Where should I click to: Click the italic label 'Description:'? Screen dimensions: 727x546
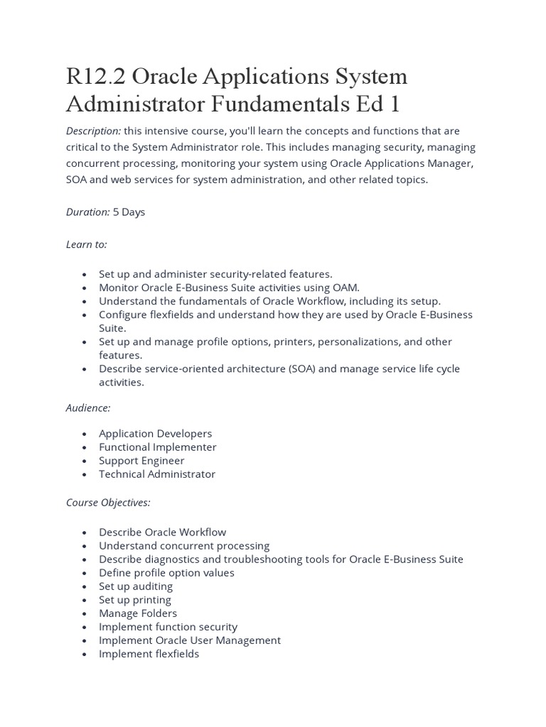click(x=93, y=131)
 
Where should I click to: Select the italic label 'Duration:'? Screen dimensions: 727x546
click(x=88, y=212)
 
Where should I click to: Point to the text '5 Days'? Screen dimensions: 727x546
click(x=129, y=212)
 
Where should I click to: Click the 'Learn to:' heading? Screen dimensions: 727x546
click(x=87, y=244)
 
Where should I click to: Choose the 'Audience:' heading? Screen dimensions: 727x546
click(x=88, y=408)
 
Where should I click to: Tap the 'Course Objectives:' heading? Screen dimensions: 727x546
click(x=108, y=502)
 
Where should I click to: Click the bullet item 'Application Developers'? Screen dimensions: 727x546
click(x=155, y=433)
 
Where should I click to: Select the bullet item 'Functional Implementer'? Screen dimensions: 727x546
click(x=157, y=447)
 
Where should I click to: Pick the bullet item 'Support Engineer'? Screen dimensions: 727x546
click(x=141, y=460)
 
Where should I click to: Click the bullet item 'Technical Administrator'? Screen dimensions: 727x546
click(x=156, y=474)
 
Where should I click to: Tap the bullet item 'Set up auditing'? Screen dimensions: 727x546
click(x=136, y=586)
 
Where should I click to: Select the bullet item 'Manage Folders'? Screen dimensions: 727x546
click(x=138, y=613)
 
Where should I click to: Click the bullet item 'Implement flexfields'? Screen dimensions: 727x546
click(x=149, y=653)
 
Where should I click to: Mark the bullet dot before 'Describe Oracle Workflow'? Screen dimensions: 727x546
click(x=85, y=532)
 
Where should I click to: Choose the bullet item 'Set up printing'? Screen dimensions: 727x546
click(x=135, y=599)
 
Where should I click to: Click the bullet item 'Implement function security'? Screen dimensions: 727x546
click(x=168, y=626)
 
